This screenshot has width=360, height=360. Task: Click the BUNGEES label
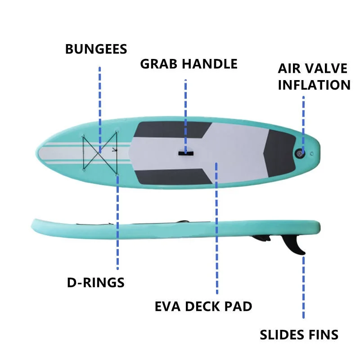96,49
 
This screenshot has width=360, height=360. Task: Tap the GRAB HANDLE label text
189,64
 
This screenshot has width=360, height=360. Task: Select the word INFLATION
314,85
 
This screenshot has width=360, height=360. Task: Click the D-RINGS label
95,283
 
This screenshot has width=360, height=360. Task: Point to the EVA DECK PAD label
203,306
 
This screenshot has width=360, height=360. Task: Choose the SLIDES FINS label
299,335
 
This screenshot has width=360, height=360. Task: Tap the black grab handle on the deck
185,154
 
